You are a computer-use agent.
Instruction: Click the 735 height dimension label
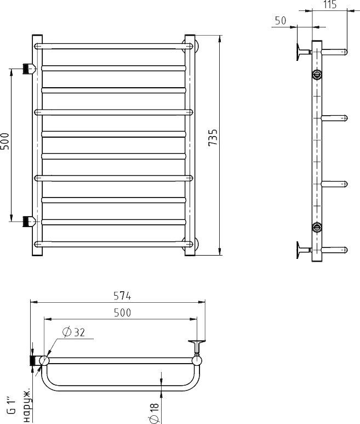[x=213, y=138]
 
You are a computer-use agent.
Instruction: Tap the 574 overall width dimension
[x=122, y=296]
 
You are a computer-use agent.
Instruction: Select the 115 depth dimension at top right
[x=330, y=4]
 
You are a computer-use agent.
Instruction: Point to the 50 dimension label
[x=281, y=21]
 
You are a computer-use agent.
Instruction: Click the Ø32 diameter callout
[x=74, y=332]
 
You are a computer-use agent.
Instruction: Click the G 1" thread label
[x=12, y=405]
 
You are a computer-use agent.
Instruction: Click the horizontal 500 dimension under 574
[x=122, y=313]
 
